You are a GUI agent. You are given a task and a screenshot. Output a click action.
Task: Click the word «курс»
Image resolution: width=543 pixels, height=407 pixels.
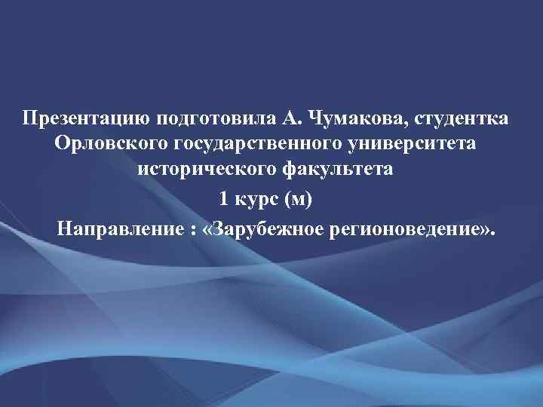[256, 198]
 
